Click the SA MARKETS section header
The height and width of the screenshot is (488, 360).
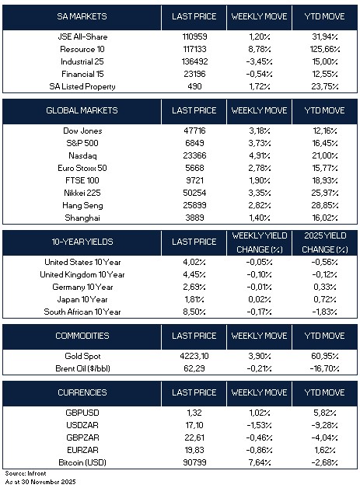click(x=82, y=16)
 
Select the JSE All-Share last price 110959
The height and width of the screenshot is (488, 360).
click(x=194, y=37)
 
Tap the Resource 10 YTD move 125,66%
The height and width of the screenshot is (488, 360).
click(x=325, y=49)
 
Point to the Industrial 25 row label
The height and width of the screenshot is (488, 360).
click(x=82, y=61)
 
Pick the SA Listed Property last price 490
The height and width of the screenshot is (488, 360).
click(x=194, y=86)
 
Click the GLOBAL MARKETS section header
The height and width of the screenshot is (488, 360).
click(x=82, y=110)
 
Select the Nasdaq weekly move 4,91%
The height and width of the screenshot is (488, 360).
click(x=260, y=155)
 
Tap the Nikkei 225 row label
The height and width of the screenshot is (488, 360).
click(x=82, y=193)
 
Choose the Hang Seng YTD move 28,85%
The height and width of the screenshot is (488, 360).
click(x=325, y=205)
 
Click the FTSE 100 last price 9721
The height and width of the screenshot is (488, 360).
click(x=194, y=180)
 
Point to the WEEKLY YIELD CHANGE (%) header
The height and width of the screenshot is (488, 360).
click(x=260, y=242)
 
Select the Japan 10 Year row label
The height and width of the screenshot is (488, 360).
click(x=82, y=299)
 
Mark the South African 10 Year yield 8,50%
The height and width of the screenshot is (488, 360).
click(x=194, y=312)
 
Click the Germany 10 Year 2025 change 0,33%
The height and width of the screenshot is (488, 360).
click(x=325, y=287)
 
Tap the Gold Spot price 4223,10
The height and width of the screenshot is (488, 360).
click(x=194, y=356)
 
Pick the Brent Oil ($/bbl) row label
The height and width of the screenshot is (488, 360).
click(x=82, y=368)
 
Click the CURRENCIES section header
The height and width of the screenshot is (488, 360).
click(x=82, y=392)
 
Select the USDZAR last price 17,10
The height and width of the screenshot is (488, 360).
click(x=194, y=425)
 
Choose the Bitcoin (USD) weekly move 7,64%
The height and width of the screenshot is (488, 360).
click(x=260, y=462)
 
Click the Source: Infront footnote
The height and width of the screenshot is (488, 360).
click(x=26, y=473)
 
